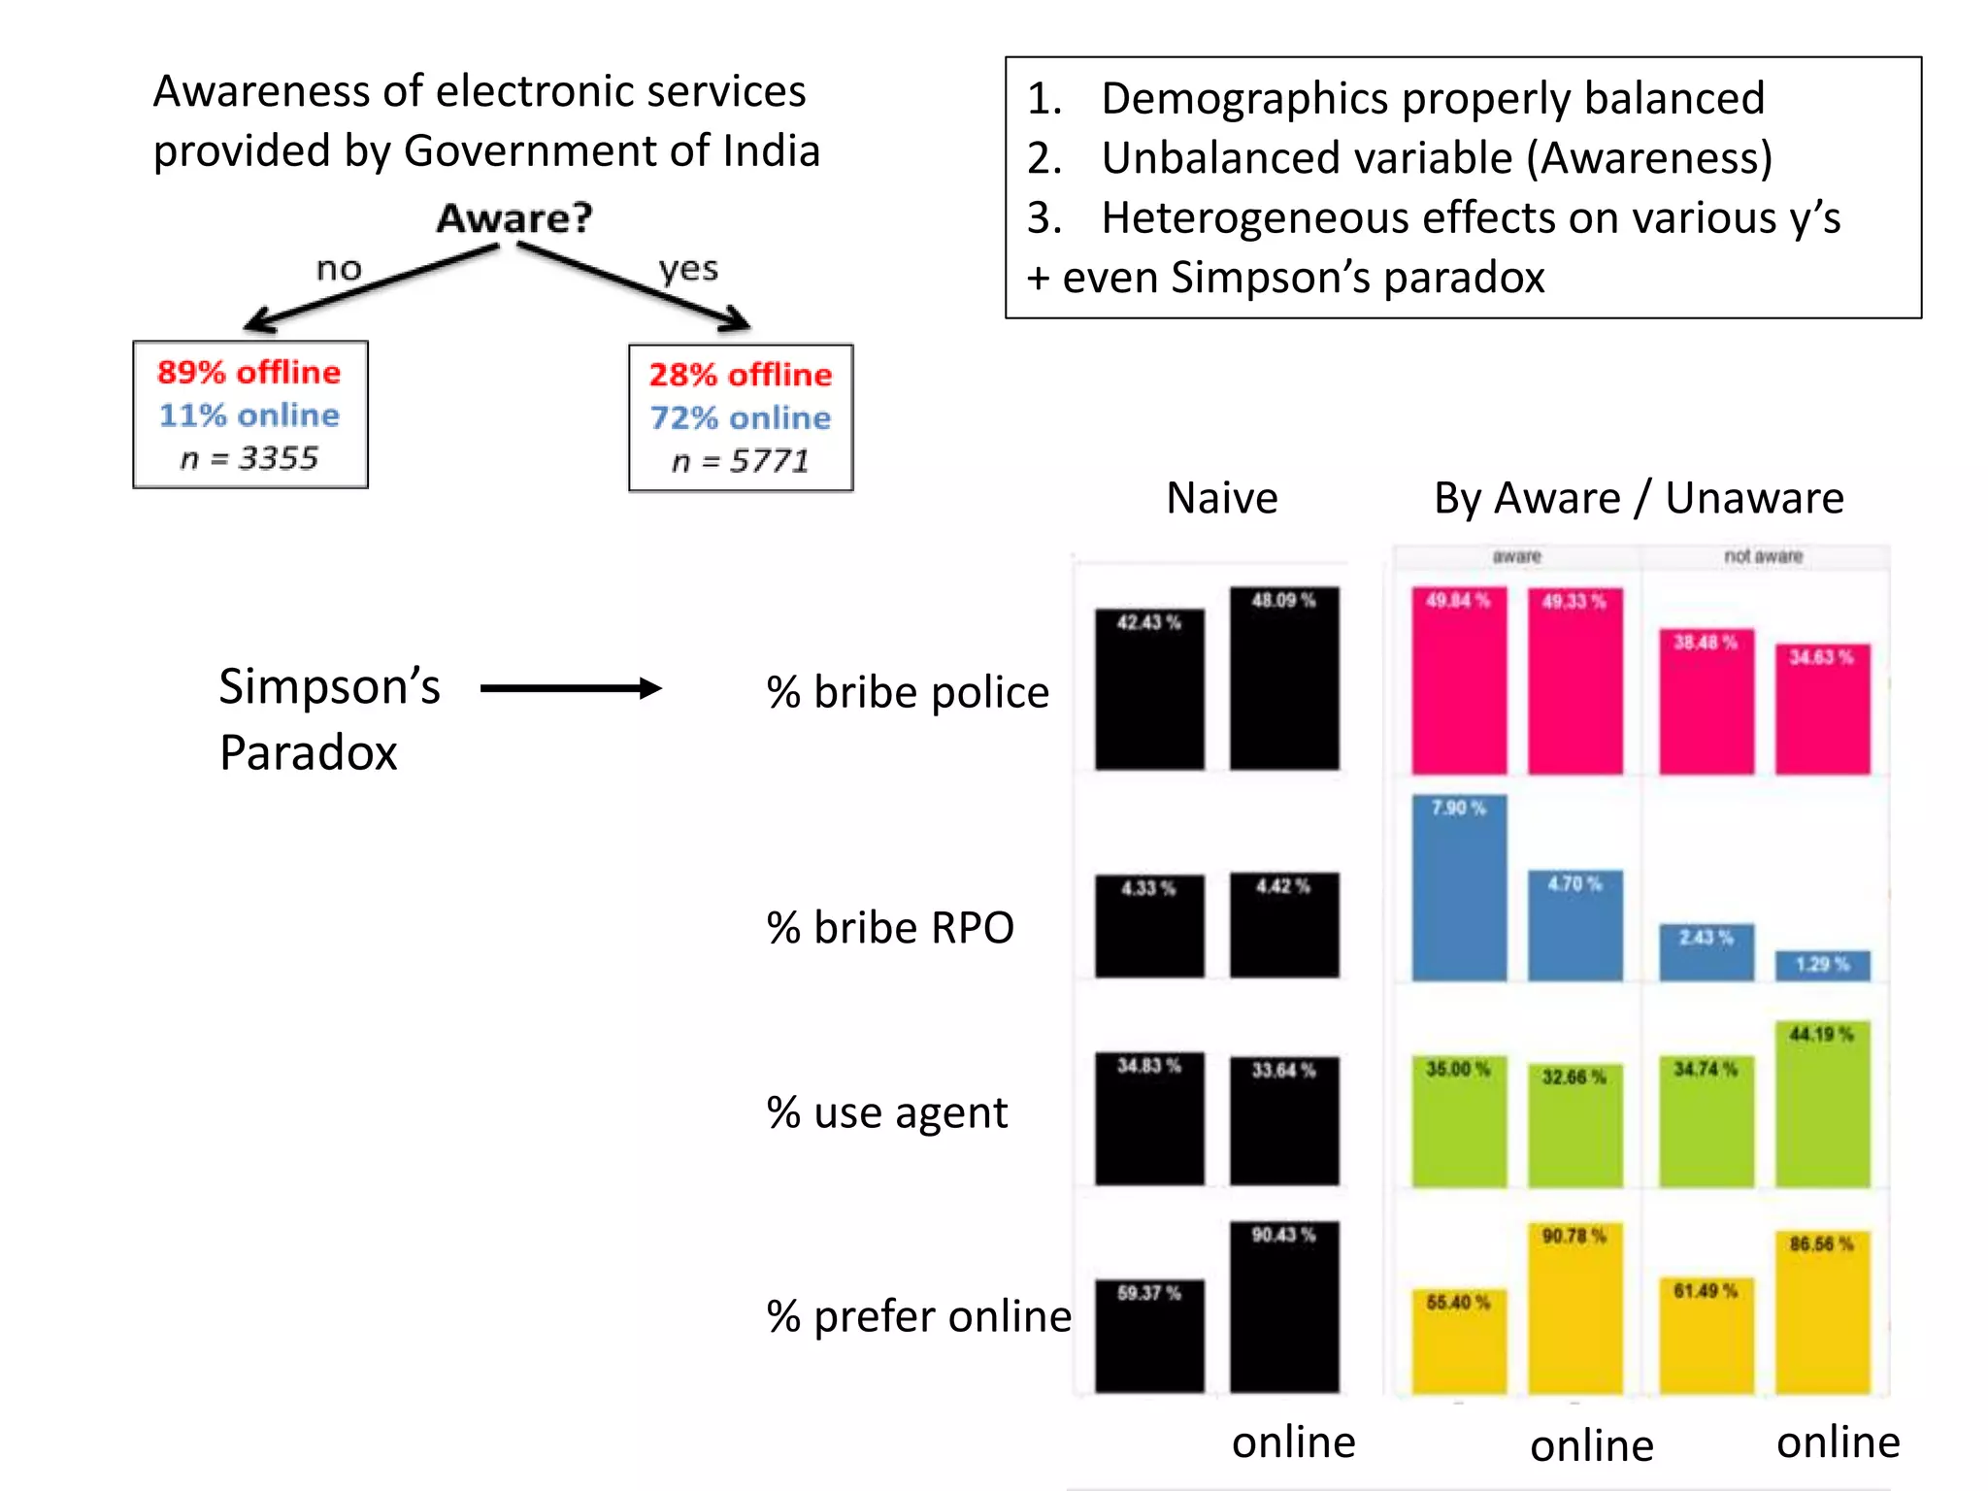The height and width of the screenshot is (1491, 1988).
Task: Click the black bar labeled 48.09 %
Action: (x=1284, y=679)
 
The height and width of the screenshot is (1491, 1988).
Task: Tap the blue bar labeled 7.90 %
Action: (x=1459, y=888)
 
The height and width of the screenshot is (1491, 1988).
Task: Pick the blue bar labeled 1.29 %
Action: (x=1822, y=966)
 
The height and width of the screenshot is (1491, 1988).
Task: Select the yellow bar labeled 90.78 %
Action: (x=1574, y=1310)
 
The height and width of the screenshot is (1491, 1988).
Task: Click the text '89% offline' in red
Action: (x=249, y=373)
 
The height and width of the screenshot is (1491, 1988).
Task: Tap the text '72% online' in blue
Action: (x=741, y=418)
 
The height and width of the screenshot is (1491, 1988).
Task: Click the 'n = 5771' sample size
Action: (x=741, y=461)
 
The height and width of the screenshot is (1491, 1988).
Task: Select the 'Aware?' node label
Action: (x=514, y=218)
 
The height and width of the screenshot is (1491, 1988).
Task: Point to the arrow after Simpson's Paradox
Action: (x=571, y=689)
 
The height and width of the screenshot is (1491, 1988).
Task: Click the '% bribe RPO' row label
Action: (x=890, y=928)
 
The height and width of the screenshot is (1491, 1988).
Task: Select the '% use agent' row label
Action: (x=886, y=1112)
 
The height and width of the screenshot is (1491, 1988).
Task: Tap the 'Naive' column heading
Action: (x=1222, y=498)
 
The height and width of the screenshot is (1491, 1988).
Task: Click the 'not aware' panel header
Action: (x=1763, y=556)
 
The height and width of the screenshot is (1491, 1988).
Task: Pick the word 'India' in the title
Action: (x=772, y=151)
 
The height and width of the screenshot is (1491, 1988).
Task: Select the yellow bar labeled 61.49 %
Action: (x=1706, y=1337)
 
